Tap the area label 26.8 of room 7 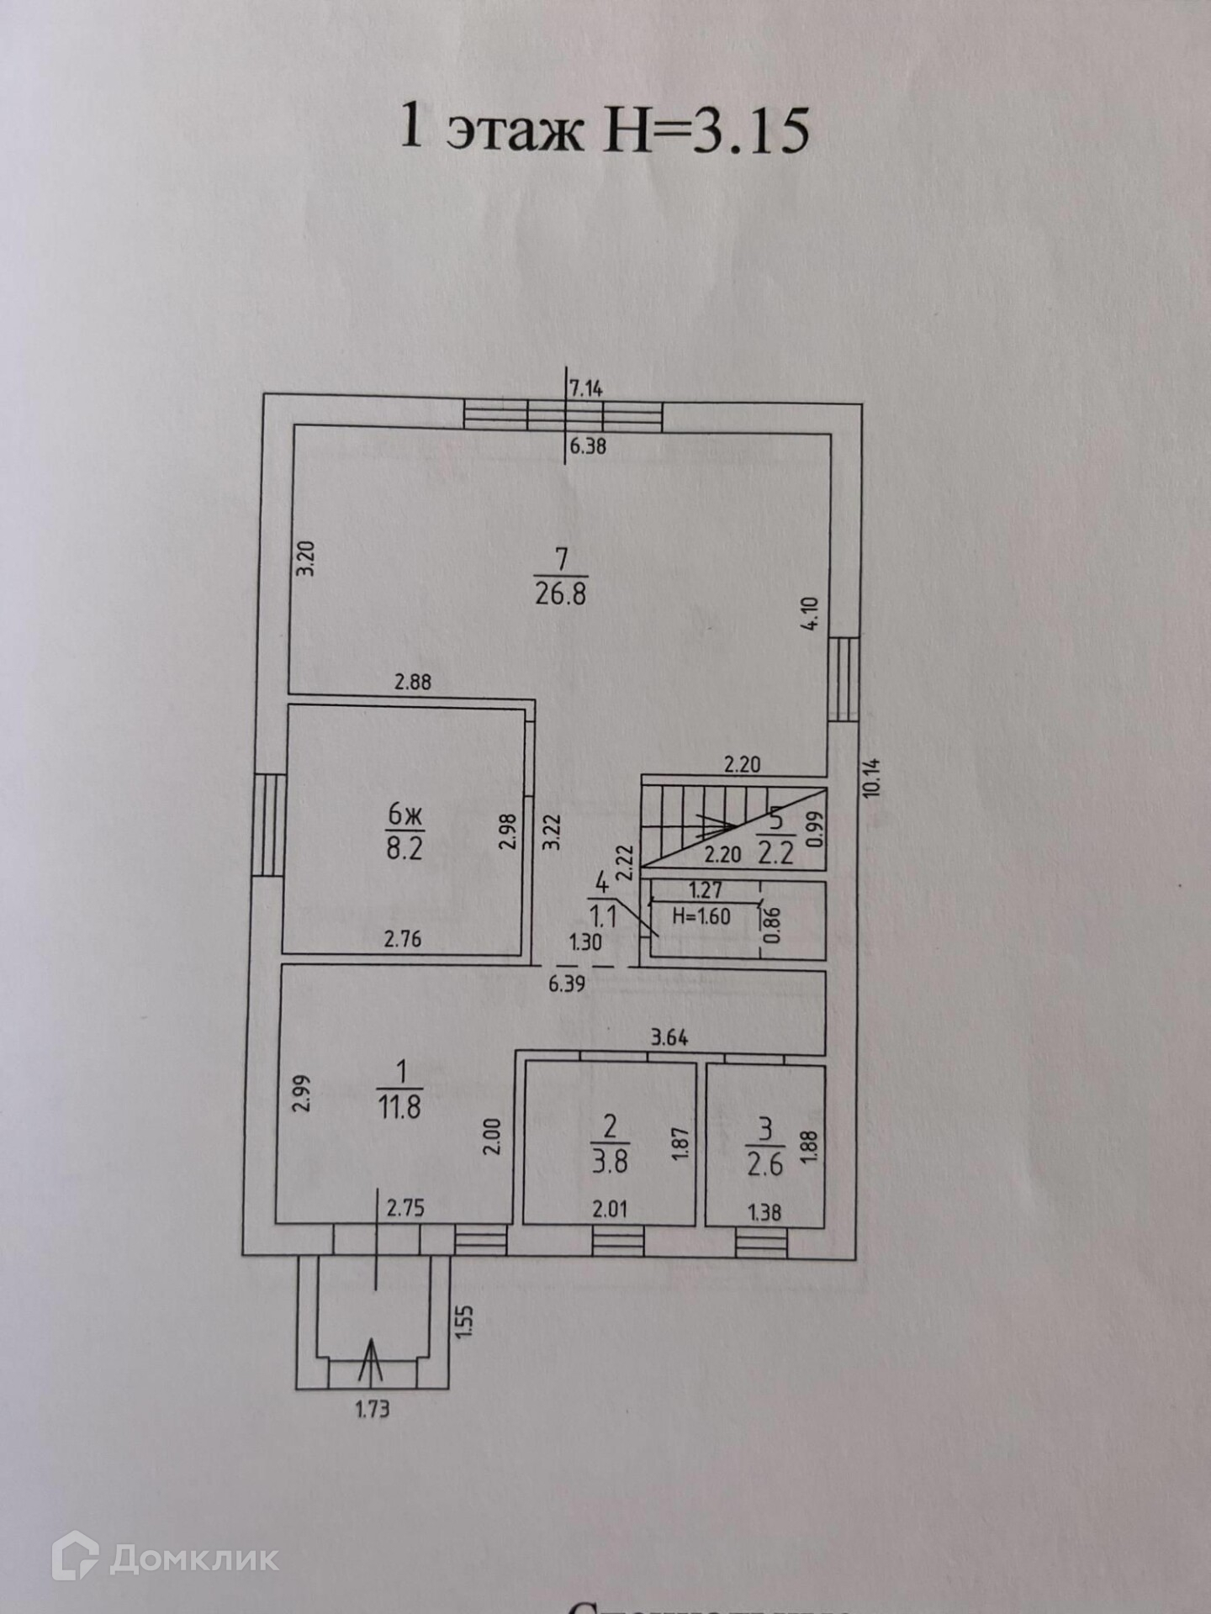(x=561, y=594)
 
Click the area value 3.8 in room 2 (x=610, y=1162)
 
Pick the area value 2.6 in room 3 (x=764, y=1163)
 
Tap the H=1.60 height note (x=701, y=916)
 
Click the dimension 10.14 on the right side (x=870, y=778)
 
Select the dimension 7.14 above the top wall (x=586, y=388)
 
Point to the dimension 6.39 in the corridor (x=567, y=984)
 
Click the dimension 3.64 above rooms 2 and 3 (x=669, y=1039)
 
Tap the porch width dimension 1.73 (x=371, y=1410)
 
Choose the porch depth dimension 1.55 (x=468, y=1320)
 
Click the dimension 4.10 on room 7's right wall (x=812, y=614)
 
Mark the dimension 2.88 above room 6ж (x=413, y=682)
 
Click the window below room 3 (x=761, y=1243)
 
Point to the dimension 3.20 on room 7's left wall (x=307, y=558)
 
